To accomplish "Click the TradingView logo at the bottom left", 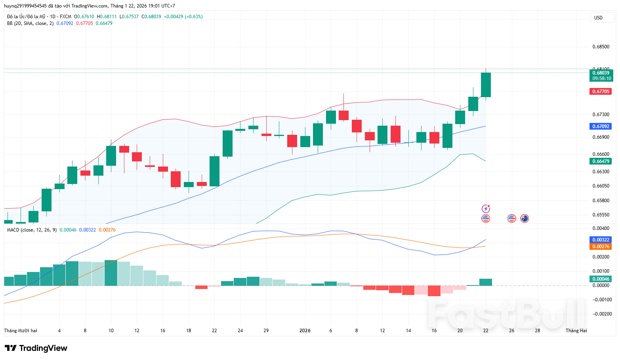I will point(36,348).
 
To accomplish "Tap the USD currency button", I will point(598,18).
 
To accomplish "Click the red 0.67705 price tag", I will point(601,92).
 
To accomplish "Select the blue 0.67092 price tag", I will point(601,126).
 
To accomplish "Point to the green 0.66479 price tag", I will point(601,161).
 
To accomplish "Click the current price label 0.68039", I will point(601,73).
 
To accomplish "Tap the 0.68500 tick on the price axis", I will point(601,47).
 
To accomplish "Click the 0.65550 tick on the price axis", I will point(601,215).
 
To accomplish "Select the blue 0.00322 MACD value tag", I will point(601,240).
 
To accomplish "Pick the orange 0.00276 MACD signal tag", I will point(601,247).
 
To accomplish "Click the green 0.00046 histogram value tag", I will point(601,279).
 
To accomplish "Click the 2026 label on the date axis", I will point(305,331).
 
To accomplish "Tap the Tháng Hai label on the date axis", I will point(576,331).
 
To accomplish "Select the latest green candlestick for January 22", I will point(486,85).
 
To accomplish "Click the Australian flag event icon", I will point(525,218).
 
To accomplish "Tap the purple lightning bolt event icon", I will point(486,209).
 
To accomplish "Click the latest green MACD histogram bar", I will point(486,282).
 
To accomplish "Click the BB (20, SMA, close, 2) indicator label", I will point(30,23).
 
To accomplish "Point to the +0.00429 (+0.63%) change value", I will point(183,17).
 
